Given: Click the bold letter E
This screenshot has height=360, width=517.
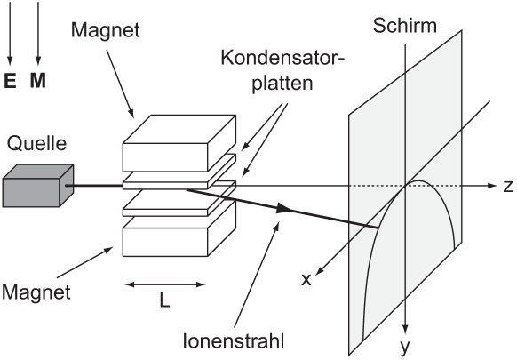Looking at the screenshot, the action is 11,81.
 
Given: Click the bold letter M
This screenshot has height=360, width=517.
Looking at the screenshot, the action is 38,81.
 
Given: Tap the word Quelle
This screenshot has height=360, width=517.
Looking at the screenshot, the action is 37,144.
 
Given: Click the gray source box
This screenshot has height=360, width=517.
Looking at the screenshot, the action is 38,186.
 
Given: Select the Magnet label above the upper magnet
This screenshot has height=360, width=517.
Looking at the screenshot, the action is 105,30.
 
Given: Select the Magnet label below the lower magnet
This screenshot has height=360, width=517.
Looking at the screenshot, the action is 36,292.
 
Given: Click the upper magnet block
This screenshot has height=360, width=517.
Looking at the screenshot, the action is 179,143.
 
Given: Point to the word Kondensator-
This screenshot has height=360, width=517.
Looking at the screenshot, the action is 282,58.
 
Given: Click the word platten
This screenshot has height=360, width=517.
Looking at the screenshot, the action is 282,84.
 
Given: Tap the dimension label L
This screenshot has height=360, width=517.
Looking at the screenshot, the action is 164,300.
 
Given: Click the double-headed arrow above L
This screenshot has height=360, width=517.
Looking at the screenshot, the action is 165,284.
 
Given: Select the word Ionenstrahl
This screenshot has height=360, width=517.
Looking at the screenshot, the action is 234,340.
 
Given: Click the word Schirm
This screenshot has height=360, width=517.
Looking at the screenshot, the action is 405,26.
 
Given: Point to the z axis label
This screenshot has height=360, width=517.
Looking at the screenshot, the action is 508,187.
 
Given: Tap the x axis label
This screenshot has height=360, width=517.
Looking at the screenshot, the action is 306,280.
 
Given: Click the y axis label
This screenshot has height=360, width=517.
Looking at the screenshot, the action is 404,347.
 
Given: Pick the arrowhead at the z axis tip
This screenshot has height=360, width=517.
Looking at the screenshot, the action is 492,186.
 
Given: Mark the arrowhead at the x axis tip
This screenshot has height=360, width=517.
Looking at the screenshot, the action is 320,270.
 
